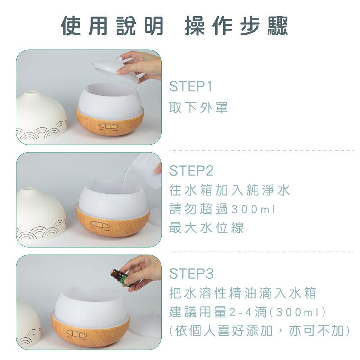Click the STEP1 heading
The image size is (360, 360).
click(x=191, y=87)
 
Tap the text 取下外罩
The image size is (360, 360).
click(x=199, y=107)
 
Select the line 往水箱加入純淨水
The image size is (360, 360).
click(x=229, y=190)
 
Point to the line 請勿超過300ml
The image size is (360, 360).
click(x=222, y=209)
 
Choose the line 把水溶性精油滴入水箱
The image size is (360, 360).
click(x=243, y=293)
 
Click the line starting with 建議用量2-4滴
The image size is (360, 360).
click(x=248, y=312)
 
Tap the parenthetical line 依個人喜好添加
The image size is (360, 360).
click(x=259, y=330)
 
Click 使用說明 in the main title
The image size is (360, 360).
click(x=112, y=26)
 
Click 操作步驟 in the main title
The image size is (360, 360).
click(x=237, y=26)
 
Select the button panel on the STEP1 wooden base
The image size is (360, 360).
click(x=107, y=126)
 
